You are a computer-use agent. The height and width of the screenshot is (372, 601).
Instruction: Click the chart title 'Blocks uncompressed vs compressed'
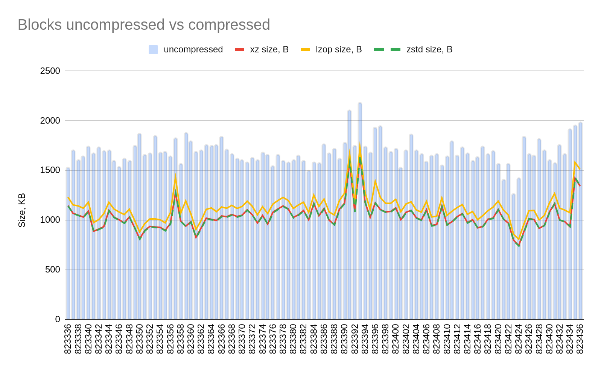click(144, 25)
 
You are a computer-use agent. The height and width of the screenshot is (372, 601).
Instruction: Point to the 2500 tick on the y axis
click(50, 71)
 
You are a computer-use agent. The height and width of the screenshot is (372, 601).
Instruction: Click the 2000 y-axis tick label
click(50, 121)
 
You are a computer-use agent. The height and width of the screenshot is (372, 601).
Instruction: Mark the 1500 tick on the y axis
click(50, 170)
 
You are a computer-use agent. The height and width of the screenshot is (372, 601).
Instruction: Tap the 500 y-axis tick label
click(52, 270)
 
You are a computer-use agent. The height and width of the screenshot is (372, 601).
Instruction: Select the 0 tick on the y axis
click(57, 320)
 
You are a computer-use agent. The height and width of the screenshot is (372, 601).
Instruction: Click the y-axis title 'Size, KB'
click(22, 210)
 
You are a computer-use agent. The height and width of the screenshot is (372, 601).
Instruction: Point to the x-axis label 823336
click(68, 338)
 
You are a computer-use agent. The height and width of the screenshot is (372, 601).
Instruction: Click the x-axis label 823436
click(580, 338)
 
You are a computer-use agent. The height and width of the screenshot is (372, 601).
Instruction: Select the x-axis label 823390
click(344, 338)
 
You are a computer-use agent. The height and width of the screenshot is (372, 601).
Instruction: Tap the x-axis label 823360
click(191, 338)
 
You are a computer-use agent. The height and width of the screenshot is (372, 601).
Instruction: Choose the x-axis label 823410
click(447, 338)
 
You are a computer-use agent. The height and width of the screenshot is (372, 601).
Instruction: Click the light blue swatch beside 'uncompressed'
click(153, 50)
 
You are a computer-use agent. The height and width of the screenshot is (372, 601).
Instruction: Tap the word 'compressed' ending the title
click(229, 25)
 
